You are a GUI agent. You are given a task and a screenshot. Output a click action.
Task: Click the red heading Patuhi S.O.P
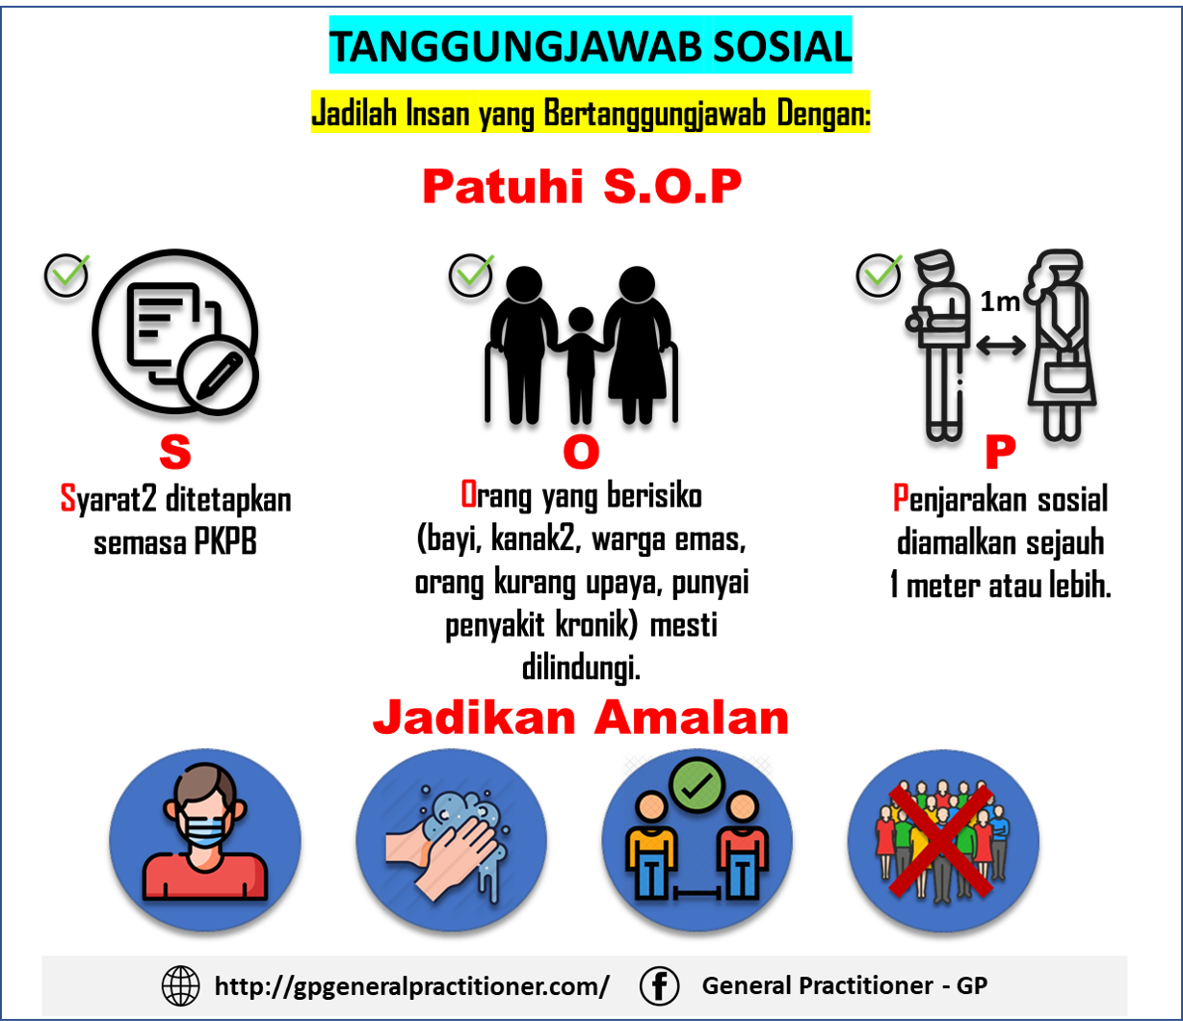(582, 188)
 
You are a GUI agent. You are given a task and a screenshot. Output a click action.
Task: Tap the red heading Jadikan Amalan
(581, 719)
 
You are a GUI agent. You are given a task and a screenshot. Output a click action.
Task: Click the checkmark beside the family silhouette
(472, 275)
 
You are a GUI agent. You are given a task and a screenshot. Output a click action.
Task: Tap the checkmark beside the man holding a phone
(880, 275)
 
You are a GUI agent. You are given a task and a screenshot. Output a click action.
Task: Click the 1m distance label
(1000, 302)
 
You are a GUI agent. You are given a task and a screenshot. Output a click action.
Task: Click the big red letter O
(581, 454)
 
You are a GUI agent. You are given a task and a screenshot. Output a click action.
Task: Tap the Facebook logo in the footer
(660, 986)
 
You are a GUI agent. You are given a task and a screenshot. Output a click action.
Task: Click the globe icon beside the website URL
(181, 986)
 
